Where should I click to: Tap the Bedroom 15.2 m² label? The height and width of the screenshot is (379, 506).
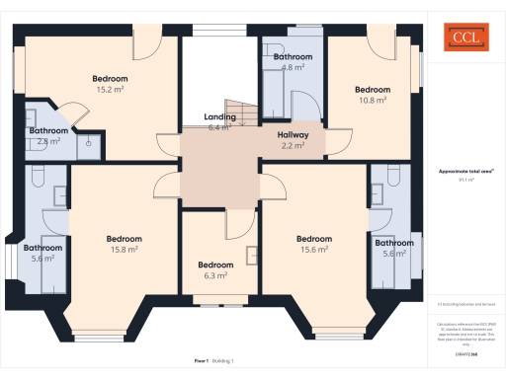point(110,83)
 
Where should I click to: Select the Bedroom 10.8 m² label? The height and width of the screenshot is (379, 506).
point(373,94)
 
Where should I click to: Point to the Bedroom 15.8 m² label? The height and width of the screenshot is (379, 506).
point(124,244)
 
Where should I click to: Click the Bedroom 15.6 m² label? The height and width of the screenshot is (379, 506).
point(313,244)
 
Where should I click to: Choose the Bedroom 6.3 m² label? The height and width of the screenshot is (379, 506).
point(214,269)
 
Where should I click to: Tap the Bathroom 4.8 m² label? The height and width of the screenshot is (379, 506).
point(292,62)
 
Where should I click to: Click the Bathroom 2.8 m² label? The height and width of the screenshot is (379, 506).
point(47,135)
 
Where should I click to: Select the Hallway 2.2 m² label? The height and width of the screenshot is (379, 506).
point(293,140)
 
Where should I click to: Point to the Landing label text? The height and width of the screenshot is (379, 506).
point(219,117)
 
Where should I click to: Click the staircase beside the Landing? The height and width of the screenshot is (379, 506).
point(240,112)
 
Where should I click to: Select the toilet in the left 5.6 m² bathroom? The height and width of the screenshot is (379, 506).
point(40,176)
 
